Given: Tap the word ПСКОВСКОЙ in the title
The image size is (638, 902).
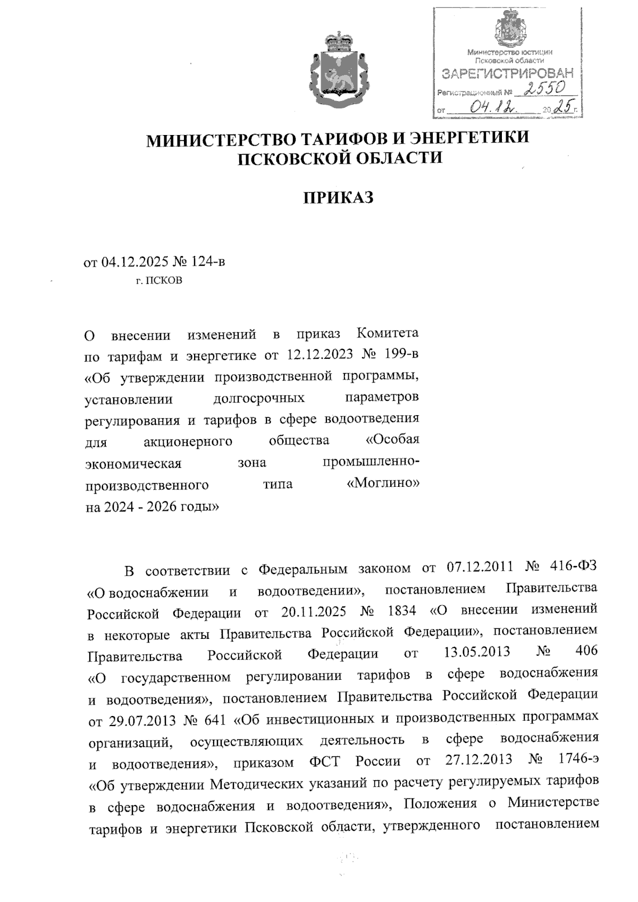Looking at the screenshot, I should pos(295,158).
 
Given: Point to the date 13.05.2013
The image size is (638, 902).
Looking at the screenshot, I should pos(476,652).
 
